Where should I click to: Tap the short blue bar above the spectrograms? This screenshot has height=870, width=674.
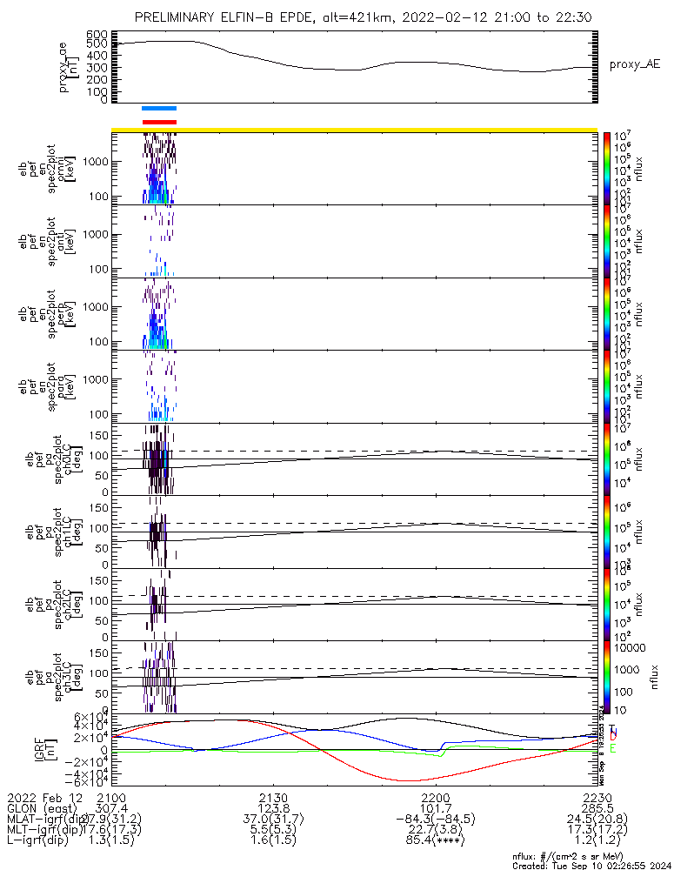point(159,109)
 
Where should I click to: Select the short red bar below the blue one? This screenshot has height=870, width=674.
point(159,122)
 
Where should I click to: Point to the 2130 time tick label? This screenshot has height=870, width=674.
point(273,799)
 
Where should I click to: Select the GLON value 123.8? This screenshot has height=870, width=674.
point(273,810)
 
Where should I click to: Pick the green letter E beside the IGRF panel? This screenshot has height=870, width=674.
point(612,748)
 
